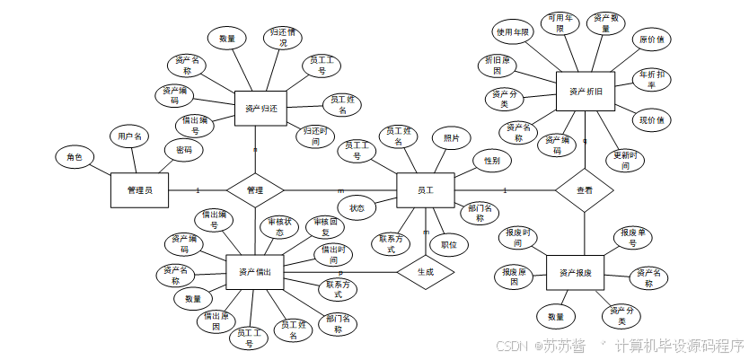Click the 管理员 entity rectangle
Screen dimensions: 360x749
point(140,189)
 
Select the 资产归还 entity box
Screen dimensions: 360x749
point(260,109)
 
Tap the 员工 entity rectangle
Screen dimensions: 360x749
point(426,190)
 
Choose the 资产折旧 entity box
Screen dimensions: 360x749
point(586,92)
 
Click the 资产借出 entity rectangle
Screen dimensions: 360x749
point(255,271)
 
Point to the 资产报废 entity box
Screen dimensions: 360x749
point(576,272)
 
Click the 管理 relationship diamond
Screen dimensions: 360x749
point(255,190)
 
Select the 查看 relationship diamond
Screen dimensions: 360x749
point(585,190)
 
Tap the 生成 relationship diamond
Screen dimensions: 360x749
point(425,271)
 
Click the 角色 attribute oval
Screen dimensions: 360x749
point(75,158)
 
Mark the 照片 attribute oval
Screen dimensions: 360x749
point(452,139)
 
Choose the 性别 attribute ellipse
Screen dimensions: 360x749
point(492,161)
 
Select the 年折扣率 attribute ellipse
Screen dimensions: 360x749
point(652,79)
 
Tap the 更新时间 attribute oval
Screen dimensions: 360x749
point(627,160)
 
